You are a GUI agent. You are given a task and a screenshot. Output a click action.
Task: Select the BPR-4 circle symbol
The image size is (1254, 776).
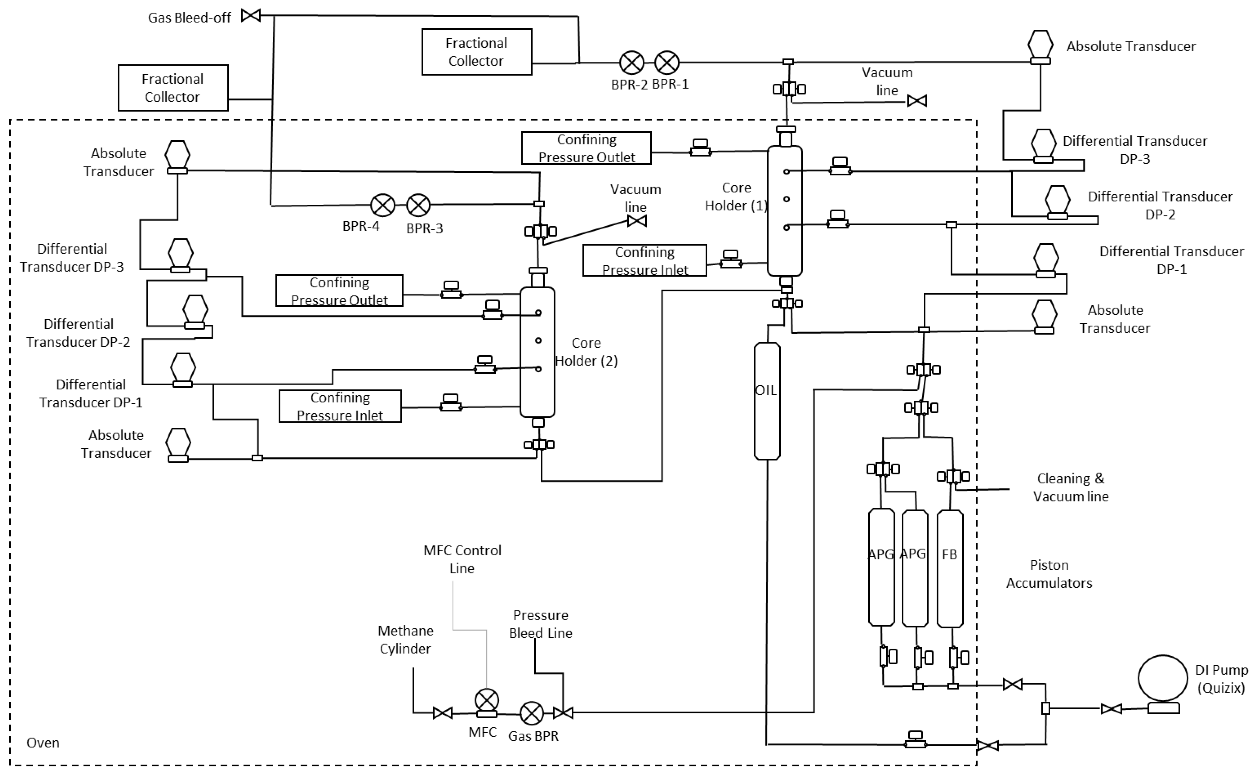click(383, 206)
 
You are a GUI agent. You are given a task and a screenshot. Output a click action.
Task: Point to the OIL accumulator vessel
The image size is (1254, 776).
click(767, 401)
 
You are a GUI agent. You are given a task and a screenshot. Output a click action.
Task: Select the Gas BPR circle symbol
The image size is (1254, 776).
click(532, 713)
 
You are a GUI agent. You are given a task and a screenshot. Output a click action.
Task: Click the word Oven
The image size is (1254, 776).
click(43, 743)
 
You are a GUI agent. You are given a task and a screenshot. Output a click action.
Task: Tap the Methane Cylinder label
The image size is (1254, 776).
click(406, 639)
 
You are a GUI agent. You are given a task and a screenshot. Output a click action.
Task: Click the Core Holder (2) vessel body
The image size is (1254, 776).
click(538, 352)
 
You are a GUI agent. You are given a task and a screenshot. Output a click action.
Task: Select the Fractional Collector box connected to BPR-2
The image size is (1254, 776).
click(477, 52)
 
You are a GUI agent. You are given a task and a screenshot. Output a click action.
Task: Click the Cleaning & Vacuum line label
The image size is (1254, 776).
click(1070, 487)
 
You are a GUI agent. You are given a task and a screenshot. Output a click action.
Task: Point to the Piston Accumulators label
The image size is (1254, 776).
click(1049, 574)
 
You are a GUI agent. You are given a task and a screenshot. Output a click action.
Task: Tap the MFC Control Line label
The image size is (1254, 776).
click(462, 559)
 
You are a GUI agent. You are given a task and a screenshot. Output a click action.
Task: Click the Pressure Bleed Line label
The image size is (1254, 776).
click(541, 624)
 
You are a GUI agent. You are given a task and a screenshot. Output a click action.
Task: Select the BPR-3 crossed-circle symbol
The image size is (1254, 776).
click(418, 206)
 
